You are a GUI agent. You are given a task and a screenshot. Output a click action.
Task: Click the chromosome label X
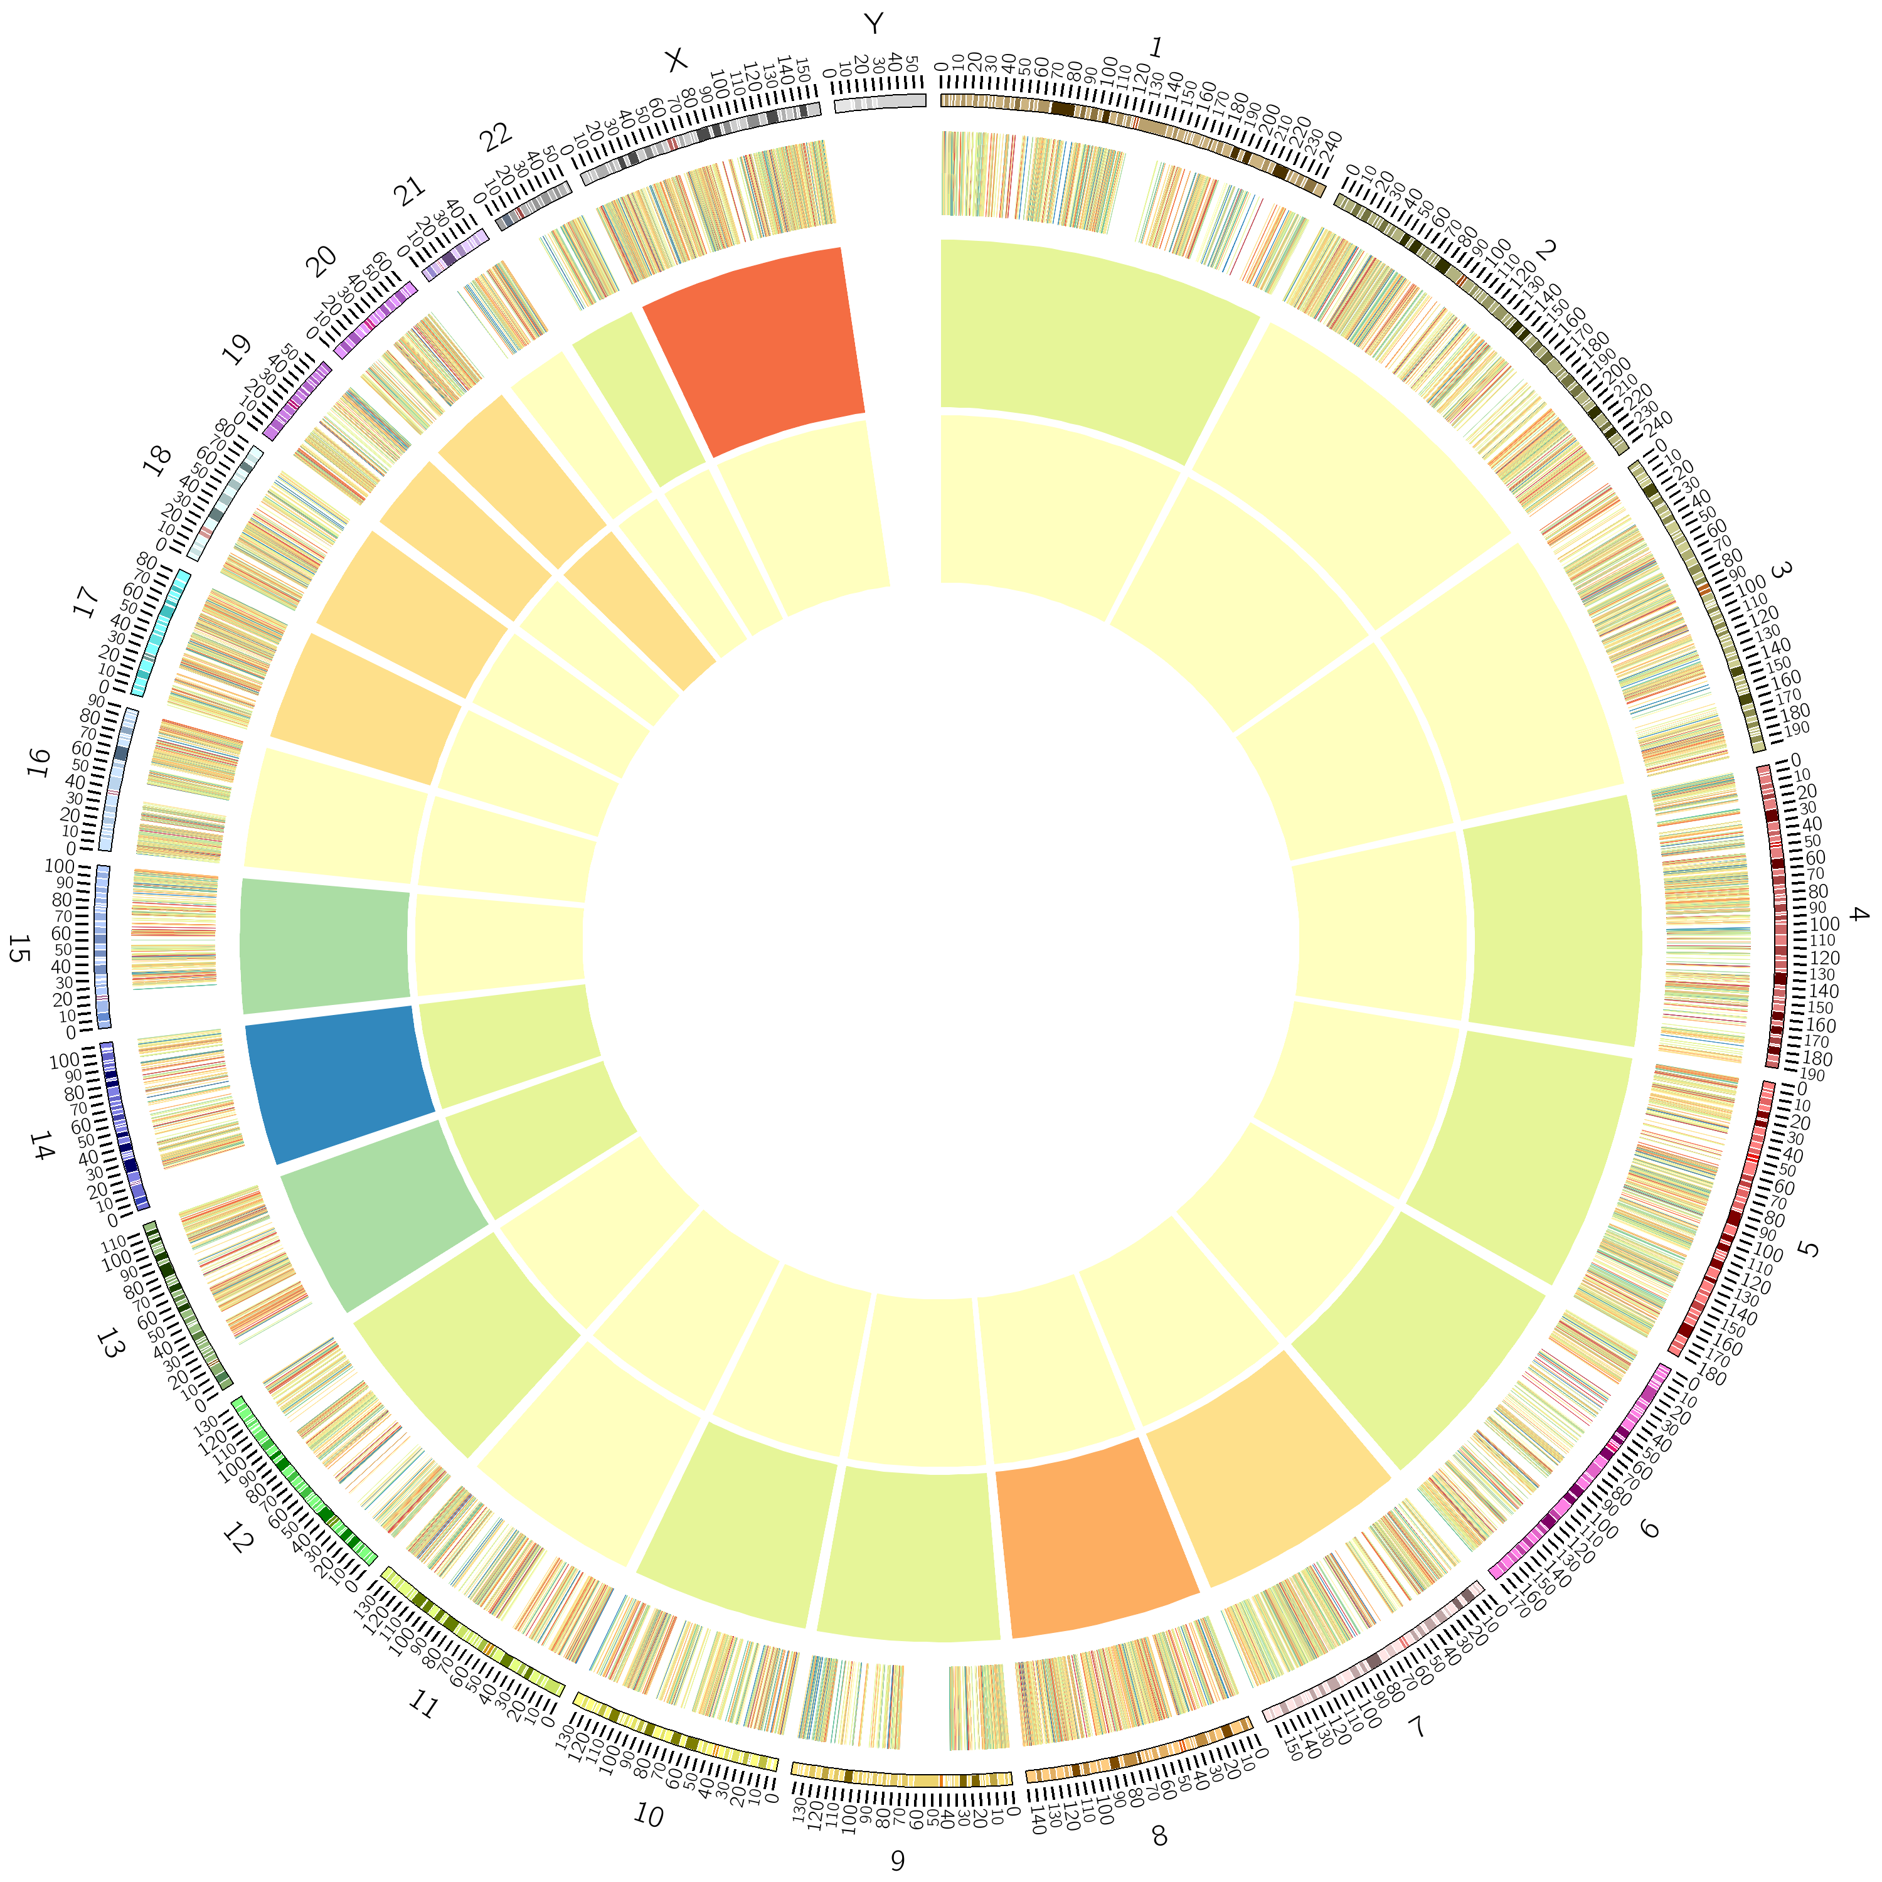tap(675, 60)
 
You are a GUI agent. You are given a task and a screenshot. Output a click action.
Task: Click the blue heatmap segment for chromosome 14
tap(336, 1082)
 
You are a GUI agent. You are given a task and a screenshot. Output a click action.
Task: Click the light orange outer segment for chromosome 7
tap(1267, 1461)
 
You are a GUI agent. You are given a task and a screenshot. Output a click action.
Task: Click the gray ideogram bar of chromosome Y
tap(880, 101)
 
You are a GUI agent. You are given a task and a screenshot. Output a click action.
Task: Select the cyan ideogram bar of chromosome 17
tap(161, 633)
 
